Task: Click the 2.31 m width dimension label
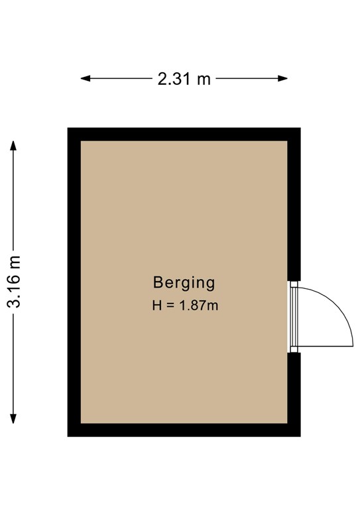tap(184, 79)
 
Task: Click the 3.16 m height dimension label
tap(14, 282)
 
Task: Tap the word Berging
tap(184, 283)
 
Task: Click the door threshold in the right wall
tap(291, 316)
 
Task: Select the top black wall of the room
tap(184, 134)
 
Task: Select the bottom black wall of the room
tap(184, 429)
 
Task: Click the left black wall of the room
tap(74, 282)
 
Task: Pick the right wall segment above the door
tap(294, 205)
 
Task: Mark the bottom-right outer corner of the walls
tap(300, 435)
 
